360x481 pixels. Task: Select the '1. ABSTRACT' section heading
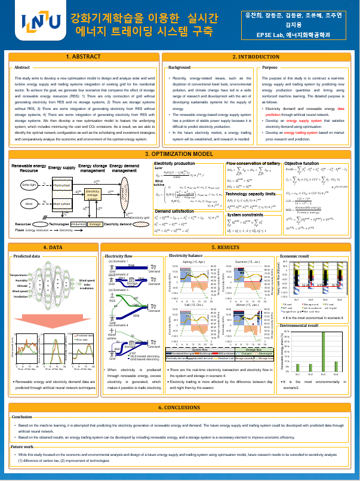pyautogui.click(x=82, y=57)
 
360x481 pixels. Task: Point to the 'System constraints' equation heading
pyautogui.click(x=246, y=215)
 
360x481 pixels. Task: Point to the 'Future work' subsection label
pyautogui.click(x=22, y=446)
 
